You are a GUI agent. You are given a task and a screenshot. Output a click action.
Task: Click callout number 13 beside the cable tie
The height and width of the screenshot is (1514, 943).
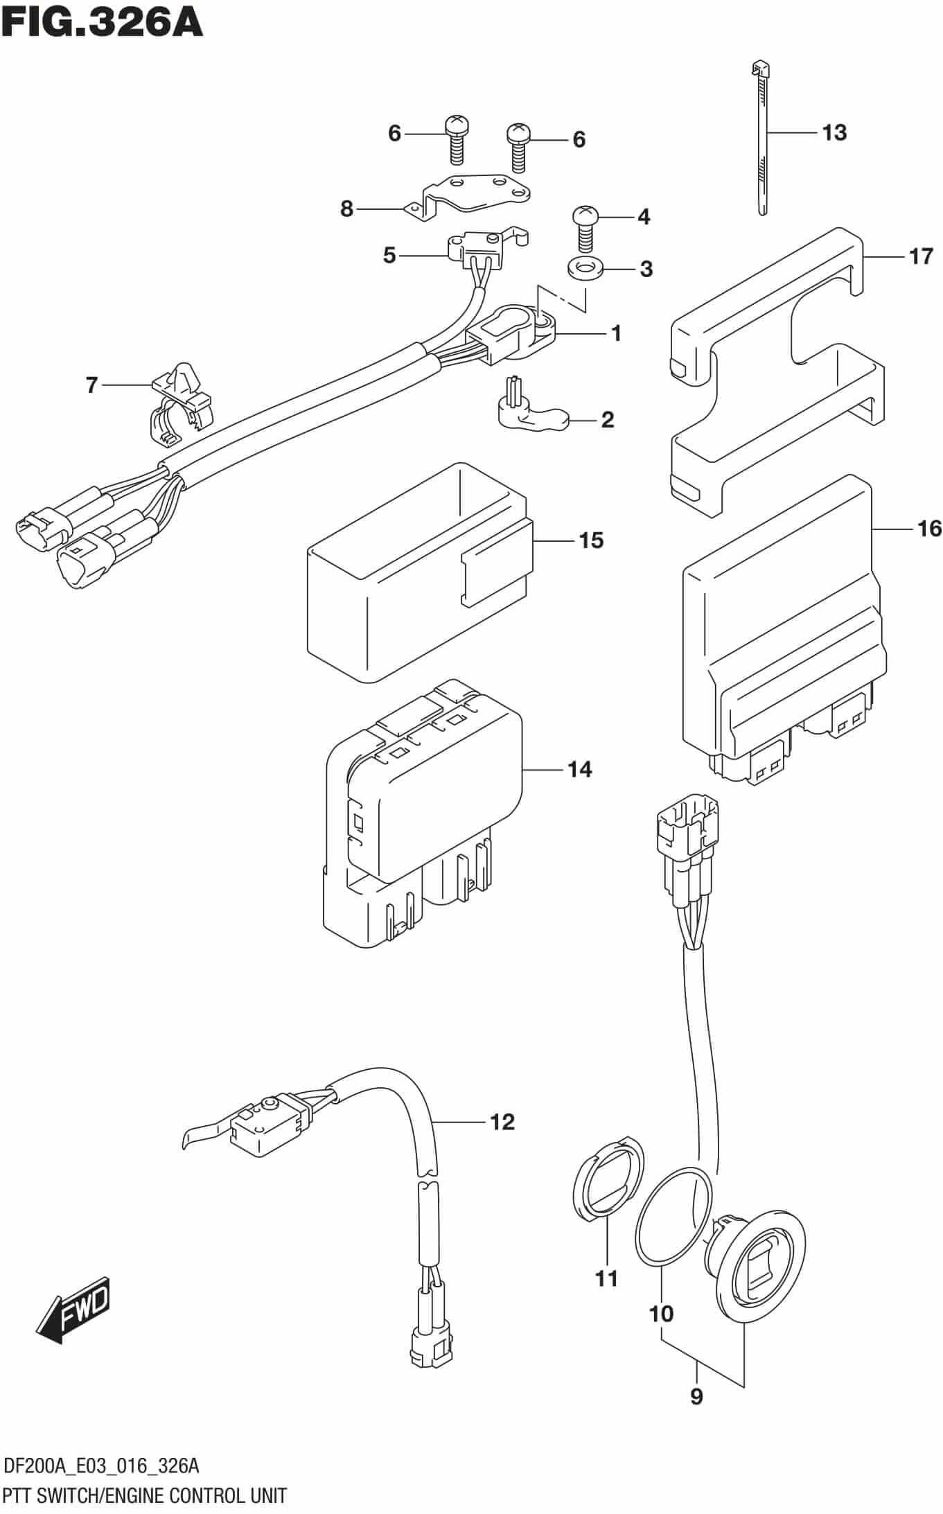[834, 132]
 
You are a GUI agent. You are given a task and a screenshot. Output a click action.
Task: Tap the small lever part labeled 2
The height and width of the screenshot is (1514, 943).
[527, 413]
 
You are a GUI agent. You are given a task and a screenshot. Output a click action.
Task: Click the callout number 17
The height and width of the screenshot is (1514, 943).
[921, 257]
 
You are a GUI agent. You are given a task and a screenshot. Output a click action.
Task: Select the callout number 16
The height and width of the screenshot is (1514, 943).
[928, 529]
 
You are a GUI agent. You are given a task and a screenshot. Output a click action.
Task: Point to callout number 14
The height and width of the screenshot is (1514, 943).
[579, 769]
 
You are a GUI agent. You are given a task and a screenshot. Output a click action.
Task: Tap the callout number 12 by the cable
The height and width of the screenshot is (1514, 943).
[502, 1121]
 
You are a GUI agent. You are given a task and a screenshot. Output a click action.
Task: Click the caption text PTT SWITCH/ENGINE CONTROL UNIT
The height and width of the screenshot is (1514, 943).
[145, 1495]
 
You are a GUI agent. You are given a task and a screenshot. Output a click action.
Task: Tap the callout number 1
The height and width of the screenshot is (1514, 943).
[615, 333]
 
